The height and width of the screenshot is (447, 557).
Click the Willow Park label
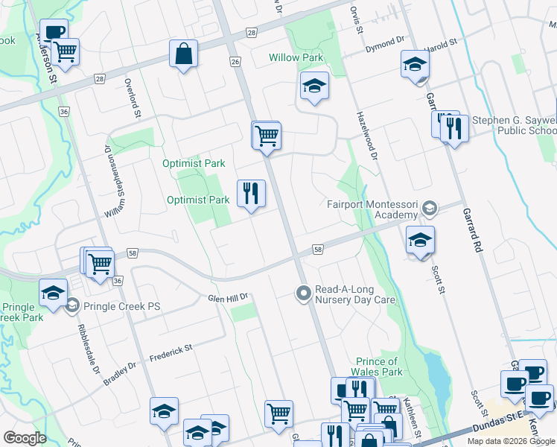coord(296,57)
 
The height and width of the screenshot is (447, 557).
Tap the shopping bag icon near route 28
coord(183,54)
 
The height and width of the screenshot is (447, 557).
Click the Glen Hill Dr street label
coord(227,297)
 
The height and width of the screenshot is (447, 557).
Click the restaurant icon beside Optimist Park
coord(251,194)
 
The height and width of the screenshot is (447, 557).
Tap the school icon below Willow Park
coord(314,86)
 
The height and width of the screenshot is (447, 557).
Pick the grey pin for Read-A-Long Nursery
coord(302,294)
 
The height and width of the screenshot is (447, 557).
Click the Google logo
coord(25,437)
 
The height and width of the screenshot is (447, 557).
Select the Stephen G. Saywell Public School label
coord(524,126)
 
